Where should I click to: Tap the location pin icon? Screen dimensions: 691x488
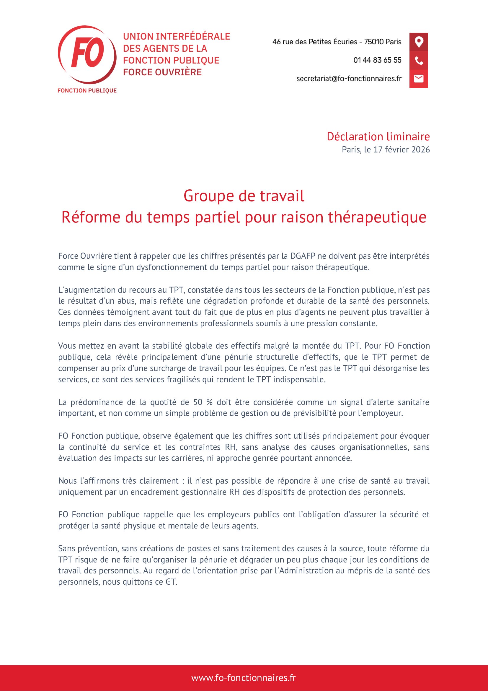click(419, 42)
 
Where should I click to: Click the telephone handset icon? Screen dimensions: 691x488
click(419, 61)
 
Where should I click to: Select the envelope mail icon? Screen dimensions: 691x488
click(419, 79)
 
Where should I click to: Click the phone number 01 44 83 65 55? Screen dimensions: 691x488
click(377, 60)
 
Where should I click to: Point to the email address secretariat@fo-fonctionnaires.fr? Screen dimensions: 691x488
click(349, 79)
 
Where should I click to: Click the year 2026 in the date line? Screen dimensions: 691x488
click(420, 149)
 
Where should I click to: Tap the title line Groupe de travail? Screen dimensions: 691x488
click(244, 196)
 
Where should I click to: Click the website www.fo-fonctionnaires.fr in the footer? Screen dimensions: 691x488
click(244, 678)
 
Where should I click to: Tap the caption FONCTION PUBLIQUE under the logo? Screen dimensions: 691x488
click(87, 91)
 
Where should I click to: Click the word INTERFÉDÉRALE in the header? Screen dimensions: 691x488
click(193, 36)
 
